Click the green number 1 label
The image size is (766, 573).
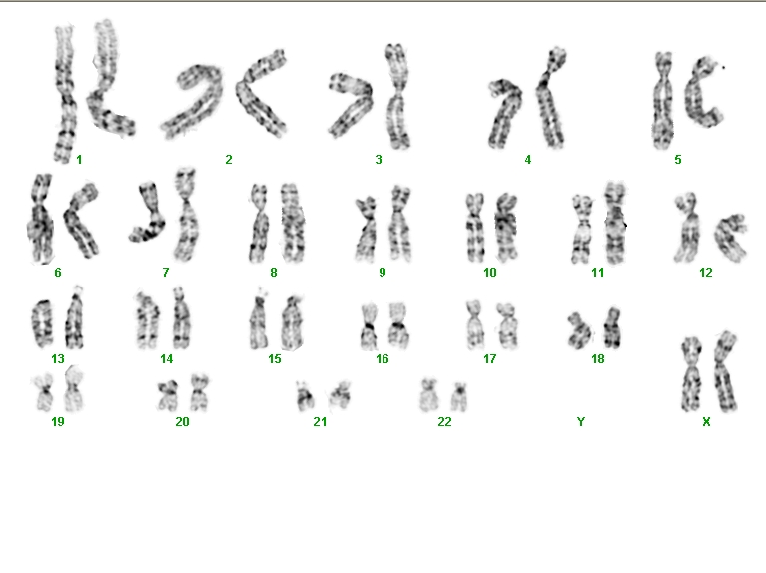(79, 160)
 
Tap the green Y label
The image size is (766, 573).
(581, 421)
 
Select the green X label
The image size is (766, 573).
(706, 421)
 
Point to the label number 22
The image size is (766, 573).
(444, 421)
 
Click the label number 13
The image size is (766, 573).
(58, 359)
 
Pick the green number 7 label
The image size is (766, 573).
(166, 273)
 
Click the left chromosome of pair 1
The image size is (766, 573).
(65, 94)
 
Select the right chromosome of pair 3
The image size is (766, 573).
(397, 96)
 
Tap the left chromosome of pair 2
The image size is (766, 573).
(193, 104)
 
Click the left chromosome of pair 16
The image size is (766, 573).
(369, 326)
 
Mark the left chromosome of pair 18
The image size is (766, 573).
(580, 331)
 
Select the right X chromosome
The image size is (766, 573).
(725, 371)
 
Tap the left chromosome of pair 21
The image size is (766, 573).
(306, 396)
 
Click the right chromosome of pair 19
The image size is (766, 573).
(74, 388)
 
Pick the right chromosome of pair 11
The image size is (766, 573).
(615, 223)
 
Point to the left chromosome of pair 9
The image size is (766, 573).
(367, 229)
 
